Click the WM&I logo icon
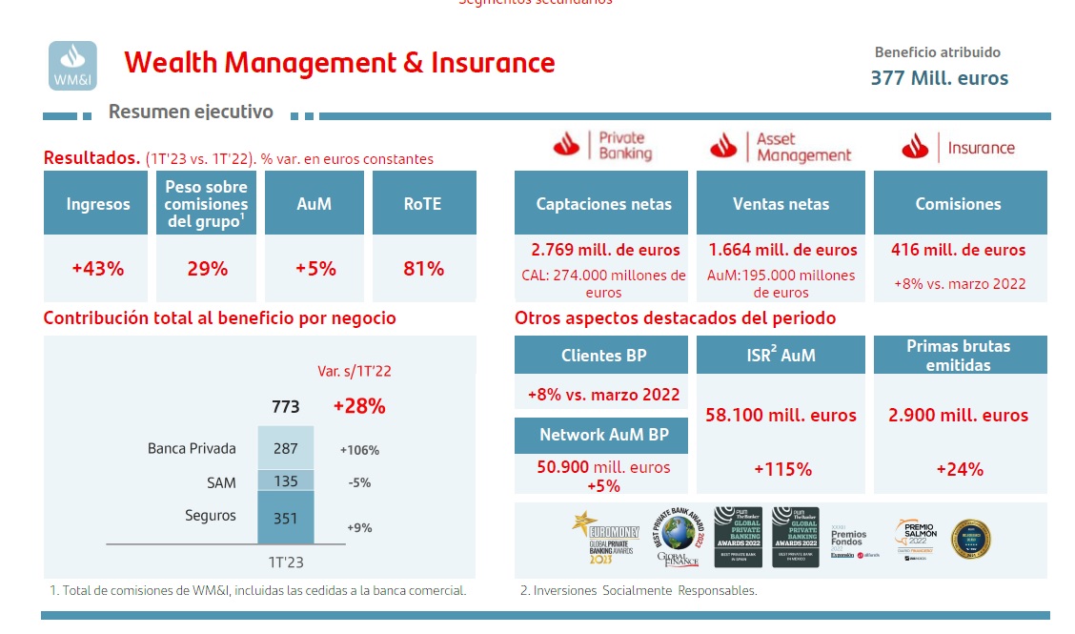tap(72, 66)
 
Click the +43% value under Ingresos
tap(97, 269)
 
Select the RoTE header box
tap(424, 204)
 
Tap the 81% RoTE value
tap(424, 269)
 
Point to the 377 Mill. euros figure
tap(939, 78)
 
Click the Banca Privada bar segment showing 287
tap(286, 448)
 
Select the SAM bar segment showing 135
tap(286, 481)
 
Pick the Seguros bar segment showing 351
tap(286, 519)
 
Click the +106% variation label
tap(359, 450)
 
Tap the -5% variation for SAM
tap(359, 483)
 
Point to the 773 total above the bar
tap(285, 407)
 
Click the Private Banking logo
tap(602, 146)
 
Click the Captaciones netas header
tap(603, 204)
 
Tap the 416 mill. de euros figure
tap(959, 250)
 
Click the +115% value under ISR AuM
tap(781, 469)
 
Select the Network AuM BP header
tap(603, 435)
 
